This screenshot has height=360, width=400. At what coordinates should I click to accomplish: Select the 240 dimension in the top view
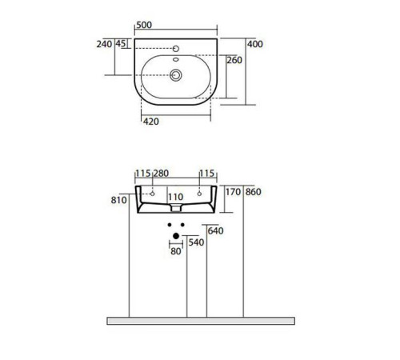[104, 45]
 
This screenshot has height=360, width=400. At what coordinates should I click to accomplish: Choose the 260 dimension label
[235, 60]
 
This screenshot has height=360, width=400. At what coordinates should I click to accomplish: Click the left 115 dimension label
[143, 174]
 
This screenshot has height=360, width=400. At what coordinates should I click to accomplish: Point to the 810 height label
[120, 201]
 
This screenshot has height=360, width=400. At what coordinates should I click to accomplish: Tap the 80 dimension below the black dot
[175, 252]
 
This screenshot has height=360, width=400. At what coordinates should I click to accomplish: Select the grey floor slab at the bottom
[200, 320]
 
